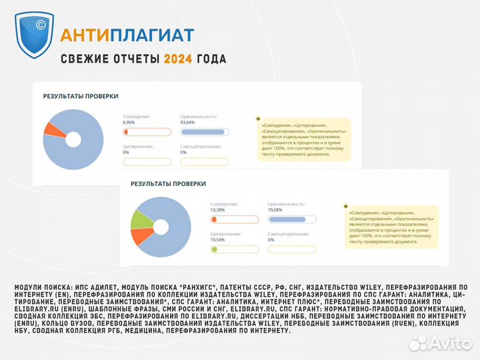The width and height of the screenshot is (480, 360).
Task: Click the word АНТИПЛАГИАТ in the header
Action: pos(127,35)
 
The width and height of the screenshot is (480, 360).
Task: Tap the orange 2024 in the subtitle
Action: pos(178,59)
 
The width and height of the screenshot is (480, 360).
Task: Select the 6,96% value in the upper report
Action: pos(129,123)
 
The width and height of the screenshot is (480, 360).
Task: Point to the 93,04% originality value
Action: pos(187,123)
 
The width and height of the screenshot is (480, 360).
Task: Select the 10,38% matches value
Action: pos(218,210)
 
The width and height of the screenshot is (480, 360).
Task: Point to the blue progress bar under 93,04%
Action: pos(203,132)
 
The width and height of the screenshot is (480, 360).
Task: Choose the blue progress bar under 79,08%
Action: pos(287,219)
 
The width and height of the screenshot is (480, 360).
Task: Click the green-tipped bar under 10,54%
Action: pos(233,249)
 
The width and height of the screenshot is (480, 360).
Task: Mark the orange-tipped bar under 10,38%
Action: pos(233,219)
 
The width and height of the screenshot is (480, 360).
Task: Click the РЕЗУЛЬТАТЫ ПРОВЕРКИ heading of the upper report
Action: pos(81,96)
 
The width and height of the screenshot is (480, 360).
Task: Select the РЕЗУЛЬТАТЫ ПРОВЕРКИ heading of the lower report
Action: pos(168,183)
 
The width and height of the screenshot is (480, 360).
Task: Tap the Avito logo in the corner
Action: pos(439,343)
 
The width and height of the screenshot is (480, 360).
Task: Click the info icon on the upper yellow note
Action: pos(258,119)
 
